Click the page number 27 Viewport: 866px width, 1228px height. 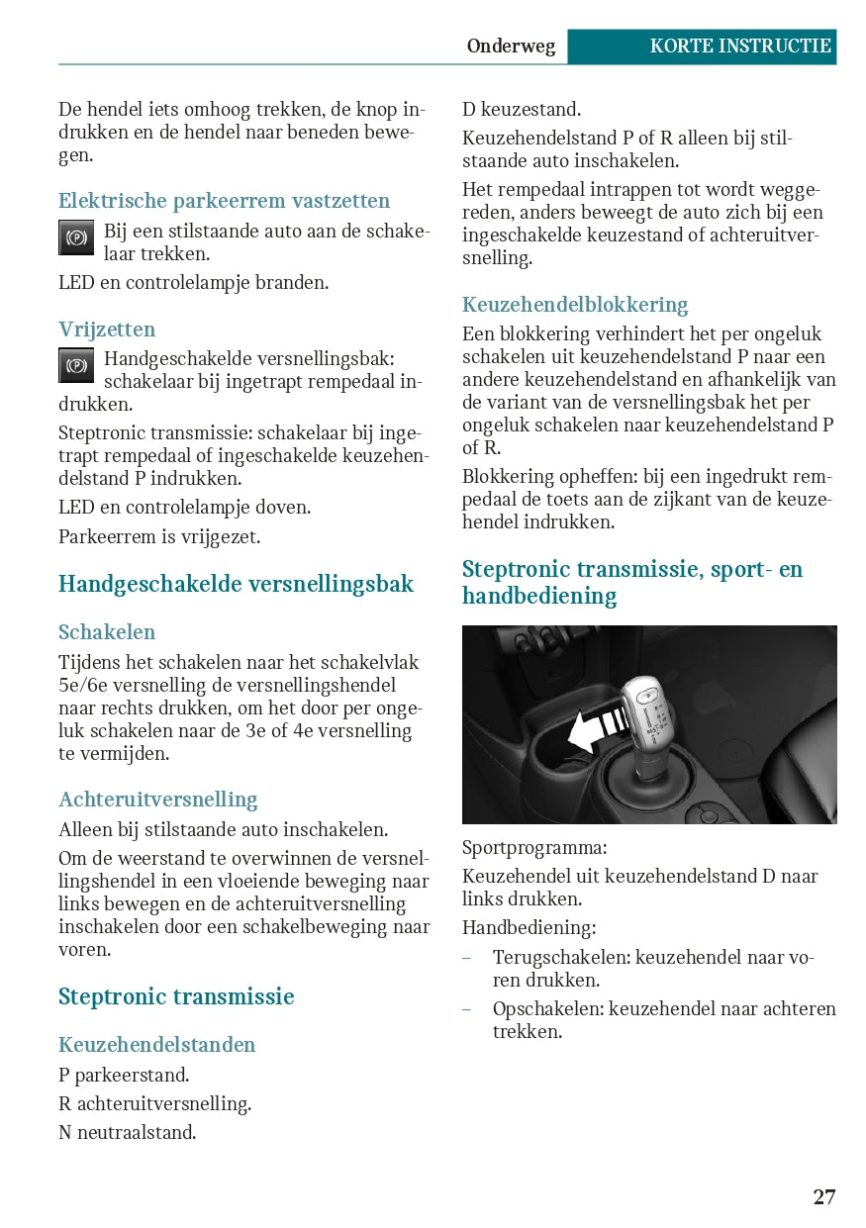click(823, 1197)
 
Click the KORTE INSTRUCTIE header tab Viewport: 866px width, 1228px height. click(740, 47)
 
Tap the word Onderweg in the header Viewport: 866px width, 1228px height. click(511, 47)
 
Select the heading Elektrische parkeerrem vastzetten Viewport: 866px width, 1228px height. click(224, 201)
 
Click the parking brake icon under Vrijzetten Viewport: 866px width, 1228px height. click(76, 366)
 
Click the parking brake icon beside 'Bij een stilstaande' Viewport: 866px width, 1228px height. click(76, 237)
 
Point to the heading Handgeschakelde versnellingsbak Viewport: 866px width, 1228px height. click(236, 584)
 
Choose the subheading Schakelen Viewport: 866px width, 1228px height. click(107, 631)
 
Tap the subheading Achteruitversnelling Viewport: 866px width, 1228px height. click(157, 800)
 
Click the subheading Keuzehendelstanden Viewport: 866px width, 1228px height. click(156, 1045)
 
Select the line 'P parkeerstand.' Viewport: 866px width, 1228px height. click(124, 1075)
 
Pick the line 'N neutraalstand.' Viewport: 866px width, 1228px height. click(127, 1132)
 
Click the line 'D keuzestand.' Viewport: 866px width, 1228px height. click(522, 110)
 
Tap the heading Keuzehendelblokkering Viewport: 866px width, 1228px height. click(575, 305)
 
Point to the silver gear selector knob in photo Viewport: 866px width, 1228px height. click(646, 708)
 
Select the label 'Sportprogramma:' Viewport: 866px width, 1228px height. click(534, 848)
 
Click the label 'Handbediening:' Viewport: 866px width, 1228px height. click(529, 928)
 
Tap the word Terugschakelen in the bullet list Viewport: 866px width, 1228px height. click(561, 958)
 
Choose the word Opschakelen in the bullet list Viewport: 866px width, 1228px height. click(547, 1009)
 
